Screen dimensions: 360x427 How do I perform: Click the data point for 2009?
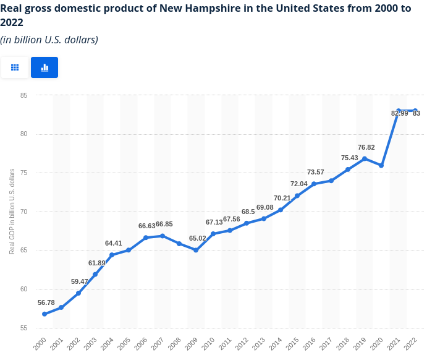pos(196,250)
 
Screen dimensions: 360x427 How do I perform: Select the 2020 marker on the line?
pos(381,166)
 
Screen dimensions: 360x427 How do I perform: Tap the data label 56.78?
pos(46,302)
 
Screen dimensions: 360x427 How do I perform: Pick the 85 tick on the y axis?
pos(23,95)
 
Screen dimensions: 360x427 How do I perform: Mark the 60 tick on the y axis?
pos(23,289)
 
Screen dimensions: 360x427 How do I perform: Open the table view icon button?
pos(15,67)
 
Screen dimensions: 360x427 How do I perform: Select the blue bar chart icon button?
pos(44,67)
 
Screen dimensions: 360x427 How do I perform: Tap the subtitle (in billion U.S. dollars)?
pos(49,40)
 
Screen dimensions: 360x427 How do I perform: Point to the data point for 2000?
pos(44,314)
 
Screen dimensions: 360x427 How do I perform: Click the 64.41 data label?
pos(114,243)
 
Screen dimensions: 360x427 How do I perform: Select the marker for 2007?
pos(163,236)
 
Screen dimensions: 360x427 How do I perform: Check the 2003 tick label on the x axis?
pos(91,343)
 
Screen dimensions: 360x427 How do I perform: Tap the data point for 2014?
pos(281,210)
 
